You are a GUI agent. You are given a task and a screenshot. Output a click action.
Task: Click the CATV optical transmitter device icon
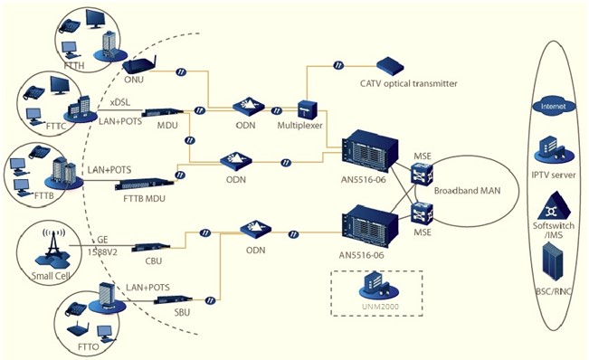pos(390,67)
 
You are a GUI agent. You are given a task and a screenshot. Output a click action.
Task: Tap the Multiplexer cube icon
pos(308,109)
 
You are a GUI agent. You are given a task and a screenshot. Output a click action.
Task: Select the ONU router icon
pos(139,65)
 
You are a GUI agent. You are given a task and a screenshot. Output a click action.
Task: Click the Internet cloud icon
pos(554,106)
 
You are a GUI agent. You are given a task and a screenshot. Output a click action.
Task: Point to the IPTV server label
pos(554,175)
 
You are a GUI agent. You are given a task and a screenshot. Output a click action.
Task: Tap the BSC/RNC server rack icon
pos(552,261)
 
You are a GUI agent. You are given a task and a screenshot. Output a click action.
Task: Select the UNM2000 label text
pos(380,307)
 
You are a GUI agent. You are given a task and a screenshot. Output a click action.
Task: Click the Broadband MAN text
pos(467,190)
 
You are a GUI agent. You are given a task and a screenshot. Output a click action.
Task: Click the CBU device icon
pos(153,247)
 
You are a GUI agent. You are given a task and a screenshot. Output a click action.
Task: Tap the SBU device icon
pos(175,299)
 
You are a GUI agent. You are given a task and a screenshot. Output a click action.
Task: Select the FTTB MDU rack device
pos(144,185)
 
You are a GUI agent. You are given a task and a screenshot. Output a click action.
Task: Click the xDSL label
pos(120,102)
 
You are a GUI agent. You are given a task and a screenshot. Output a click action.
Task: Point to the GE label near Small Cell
pos(102,241)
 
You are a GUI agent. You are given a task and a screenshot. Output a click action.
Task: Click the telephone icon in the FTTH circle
pos(71,27)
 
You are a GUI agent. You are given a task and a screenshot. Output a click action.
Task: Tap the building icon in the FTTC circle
pos(80,109)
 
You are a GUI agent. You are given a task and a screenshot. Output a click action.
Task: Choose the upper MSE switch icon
pos(422,174)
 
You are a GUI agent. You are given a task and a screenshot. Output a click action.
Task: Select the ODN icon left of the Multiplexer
pos(248,106)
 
